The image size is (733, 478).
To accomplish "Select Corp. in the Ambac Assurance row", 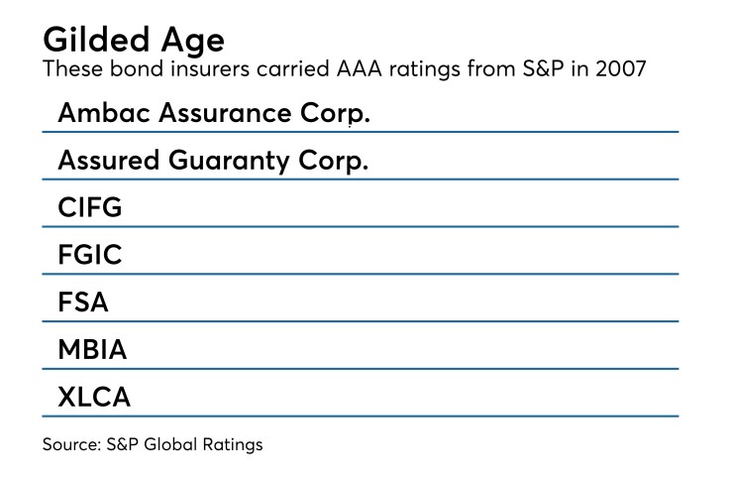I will coord(338,113).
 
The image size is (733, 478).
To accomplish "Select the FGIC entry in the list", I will coord(89,255).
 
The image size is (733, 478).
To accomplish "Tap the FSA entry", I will coord(82,302).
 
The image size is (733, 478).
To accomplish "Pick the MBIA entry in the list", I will coord(92,350).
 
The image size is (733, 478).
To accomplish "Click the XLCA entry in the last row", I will coord(94,398).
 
